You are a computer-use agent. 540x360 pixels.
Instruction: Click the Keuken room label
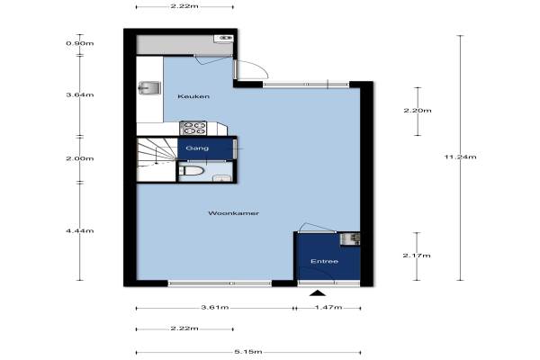coord(193,96)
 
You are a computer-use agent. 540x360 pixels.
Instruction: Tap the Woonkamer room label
coord(233,213)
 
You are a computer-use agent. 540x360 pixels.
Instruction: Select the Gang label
coord(197,148)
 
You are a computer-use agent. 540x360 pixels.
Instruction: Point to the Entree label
coord(324,261)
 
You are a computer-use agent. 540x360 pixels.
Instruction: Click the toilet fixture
coord(193,170)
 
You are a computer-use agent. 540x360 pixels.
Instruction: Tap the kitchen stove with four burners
coord(193,128)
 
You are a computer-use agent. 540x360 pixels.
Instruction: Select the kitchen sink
coord(149,88)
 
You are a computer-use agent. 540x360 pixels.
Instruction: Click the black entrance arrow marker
coord(318,293)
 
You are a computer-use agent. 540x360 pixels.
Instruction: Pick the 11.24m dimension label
coord(461,157)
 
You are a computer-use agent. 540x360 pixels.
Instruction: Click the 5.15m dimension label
coord(248,352)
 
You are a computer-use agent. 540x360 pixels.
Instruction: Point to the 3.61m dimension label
coord(215,307)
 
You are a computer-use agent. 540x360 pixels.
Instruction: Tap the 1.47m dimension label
coord(328,307)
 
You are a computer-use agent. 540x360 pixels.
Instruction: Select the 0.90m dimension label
coord(80,43)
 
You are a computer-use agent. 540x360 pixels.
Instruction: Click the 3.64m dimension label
coord(80,94)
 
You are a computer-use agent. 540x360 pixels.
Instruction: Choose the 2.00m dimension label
coord(80,158)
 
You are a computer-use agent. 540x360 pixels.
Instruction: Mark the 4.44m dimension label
coord(80,230)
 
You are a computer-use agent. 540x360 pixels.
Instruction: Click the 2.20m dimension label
coord(418,111)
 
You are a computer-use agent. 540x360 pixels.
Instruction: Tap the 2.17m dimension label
coord(417,256)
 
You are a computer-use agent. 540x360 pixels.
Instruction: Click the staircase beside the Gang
coord(157,159)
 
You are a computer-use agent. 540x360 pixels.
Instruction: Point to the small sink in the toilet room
coord(221,178)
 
